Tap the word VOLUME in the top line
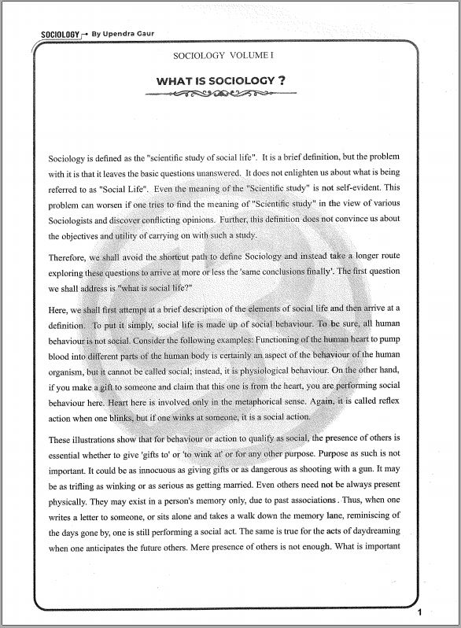click(x=250, y=56)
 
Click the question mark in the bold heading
click(x=281, y=80)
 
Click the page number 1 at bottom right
click(x=420, y=612)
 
